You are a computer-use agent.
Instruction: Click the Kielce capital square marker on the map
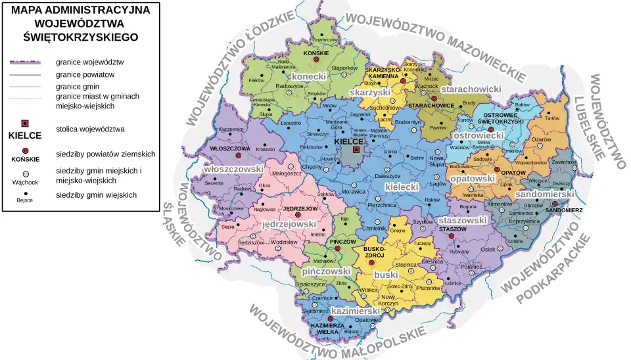tap(356, 150)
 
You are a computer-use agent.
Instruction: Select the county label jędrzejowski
tap(289, 224)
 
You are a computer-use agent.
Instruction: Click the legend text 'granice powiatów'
tap(85, 75)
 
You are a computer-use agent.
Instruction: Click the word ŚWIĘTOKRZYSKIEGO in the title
tap(80, 37)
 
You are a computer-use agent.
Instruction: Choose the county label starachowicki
tap(471, 89)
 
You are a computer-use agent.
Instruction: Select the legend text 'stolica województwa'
tap(90, 129)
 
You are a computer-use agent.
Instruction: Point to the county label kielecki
tap(401, 187)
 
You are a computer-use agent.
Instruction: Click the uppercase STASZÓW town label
tap(452, 229)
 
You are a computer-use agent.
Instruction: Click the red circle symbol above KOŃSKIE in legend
tap(25, 150)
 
